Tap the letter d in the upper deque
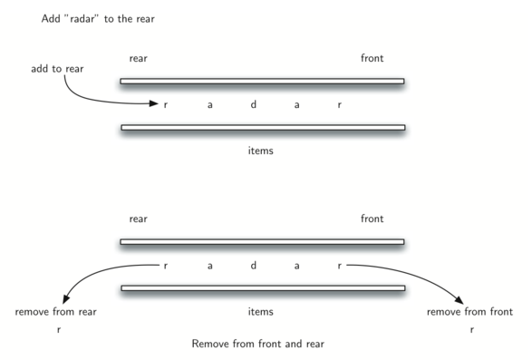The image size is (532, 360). [x=253, y=104]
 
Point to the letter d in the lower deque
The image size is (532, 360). [x=253, y=266]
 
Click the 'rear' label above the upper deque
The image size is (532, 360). [x=138, y=59]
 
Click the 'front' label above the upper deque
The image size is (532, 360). [x=372, y=59]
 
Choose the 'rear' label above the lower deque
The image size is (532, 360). [x=138, y=219]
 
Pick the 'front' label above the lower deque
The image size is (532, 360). [x=372, y=219]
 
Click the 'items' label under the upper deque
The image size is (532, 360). [x=261, y=151]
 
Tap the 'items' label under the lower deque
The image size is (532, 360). [x=261, y=312]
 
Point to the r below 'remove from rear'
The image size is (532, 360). [x=57, y=331]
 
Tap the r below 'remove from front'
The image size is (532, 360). [x=471, y=331]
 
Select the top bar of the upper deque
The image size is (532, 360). [x=262, y=82]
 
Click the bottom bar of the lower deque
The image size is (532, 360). [x=262, y=288]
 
